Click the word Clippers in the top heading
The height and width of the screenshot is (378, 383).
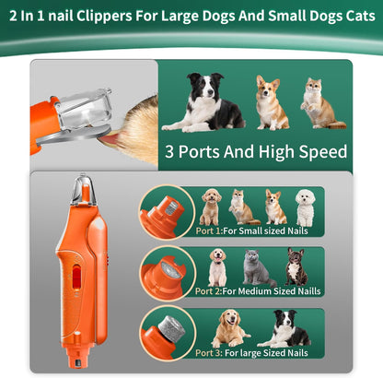coord(104,17)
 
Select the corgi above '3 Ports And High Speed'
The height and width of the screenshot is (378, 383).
coord(272,102)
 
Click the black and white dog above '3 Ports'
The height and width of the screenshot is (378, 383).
coord(203,102)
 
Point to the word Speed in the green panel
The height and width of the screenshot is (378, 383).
coord(323,151)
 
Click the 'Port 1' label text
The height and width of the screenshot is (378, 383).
coord(208,230)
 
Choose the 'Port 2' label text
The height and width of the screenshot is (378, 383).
coord(208,290)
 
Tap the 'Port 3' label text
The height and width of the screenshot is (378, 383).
coord(209,352)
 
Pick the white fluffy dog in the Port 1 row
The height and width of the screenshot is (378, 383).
coord(306,207)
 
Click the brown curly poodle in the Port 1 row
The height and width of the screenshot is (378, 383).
coord(210,207)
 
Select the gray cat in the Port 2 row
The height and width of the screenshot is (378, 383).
coord(257,267)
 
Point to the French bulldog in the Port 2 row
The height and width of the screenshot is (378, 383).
coord(296,266)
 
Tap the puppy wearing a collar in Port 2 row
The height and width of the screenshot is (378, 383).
coord(217,267)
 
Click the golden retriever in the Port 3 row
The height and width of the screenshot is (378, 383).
coord(229,328)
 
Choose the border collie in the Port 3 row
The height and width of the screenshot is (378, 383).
coord(284,328)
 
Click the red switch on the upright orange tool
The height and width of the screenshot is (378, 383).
coord(76,278)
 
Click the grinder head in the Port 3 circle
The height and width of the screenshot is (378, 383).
coord(173,329)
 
